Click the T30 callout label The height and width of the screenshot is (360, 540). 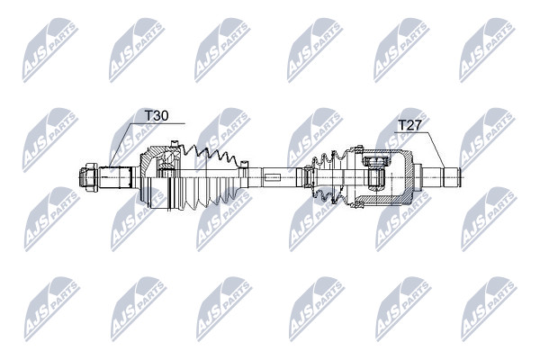click(x=157, y=116)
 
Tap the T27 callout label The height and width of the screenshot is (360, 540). click(x=409, y=125)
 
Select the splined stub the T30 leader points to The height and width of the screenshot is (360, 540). click(x=115, y=177)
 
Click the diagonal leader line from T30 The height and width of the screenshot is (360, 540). click(x=121, y=145)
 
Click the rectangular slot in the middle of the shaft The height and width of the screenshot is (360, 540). click(x=273, y=177)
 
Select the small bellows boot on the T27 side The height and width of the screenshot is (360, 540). click(x=326, y=176)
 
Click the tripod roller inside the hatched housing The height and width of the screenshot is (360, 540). click(x=375, y=174)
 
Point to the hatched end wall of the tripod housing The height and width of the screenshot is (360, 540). click(x=409, y=177)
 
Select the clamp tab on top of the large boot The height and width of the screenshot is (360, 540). click(x=175, y=144)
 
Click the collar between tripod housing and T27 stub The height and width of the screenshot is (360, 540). click(x=418, y=177)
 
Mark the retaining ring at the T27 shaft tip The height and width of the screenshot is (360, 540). click(x=459, y=177)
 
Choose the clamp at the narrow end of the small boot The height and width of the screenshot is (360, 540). click(x=308, y=176)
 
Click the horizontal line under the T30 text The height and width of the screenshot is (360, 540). click(x=158, y=123)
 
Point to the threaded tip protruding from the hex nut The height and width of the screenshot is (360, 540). click(x=82, y=177)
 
